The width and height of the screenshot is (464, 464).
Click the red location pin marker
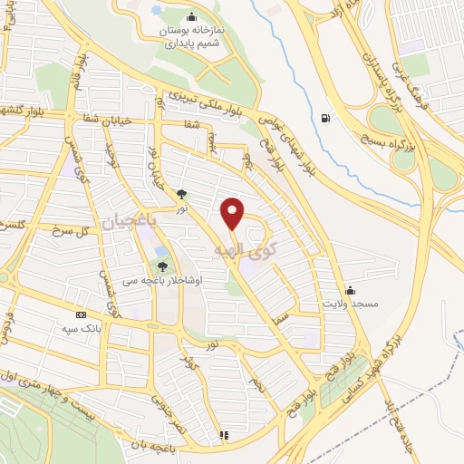234,214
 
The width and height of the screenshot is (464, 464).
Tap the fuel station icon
324,116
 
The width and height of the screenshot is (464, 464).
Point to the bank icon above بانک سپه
82,315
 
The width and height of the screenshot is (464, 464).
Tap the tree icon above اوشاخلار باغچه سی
162,266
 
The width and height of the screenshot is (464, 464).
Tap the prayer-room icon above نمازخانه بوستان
190,16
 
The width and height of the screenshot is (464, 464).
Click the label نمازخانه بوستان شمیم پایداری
189,36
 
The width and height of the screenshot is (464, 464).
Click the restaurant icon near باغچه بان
224,435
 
